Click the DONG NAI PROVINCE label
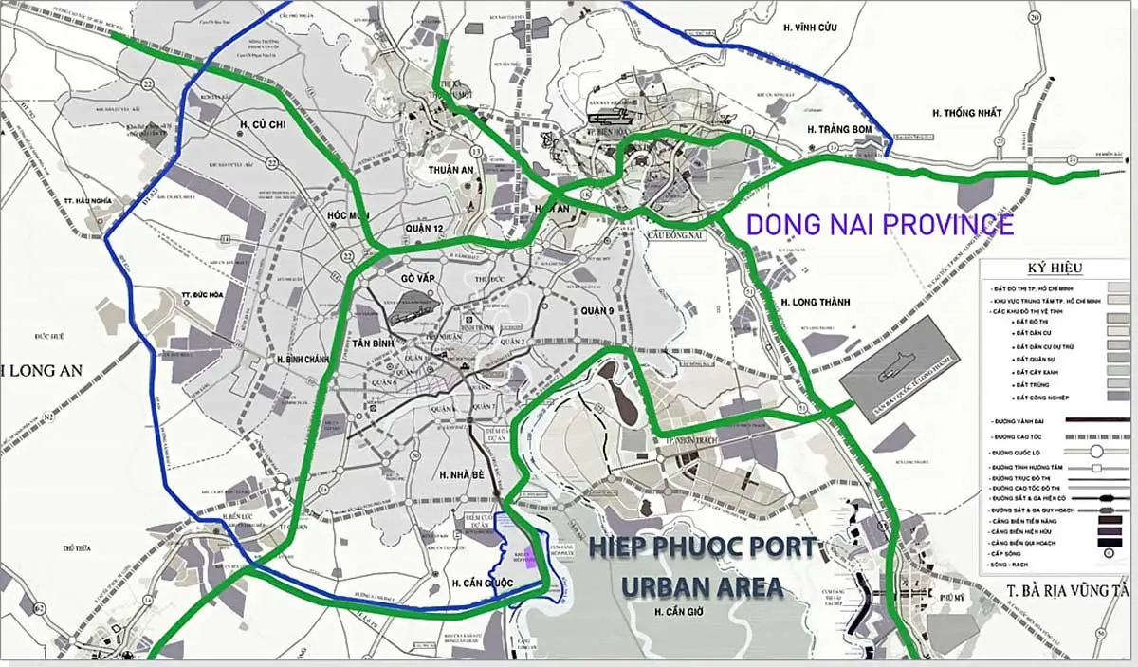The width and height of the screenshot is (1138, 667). click(879, 225)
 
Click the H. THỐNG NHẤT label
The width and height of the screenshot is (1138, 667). click(966, 113)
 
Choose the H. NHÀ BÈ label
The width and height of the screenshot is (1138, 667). click(463, 474)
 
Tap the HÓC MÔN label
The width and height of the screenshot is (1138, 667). click(347, 215)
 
